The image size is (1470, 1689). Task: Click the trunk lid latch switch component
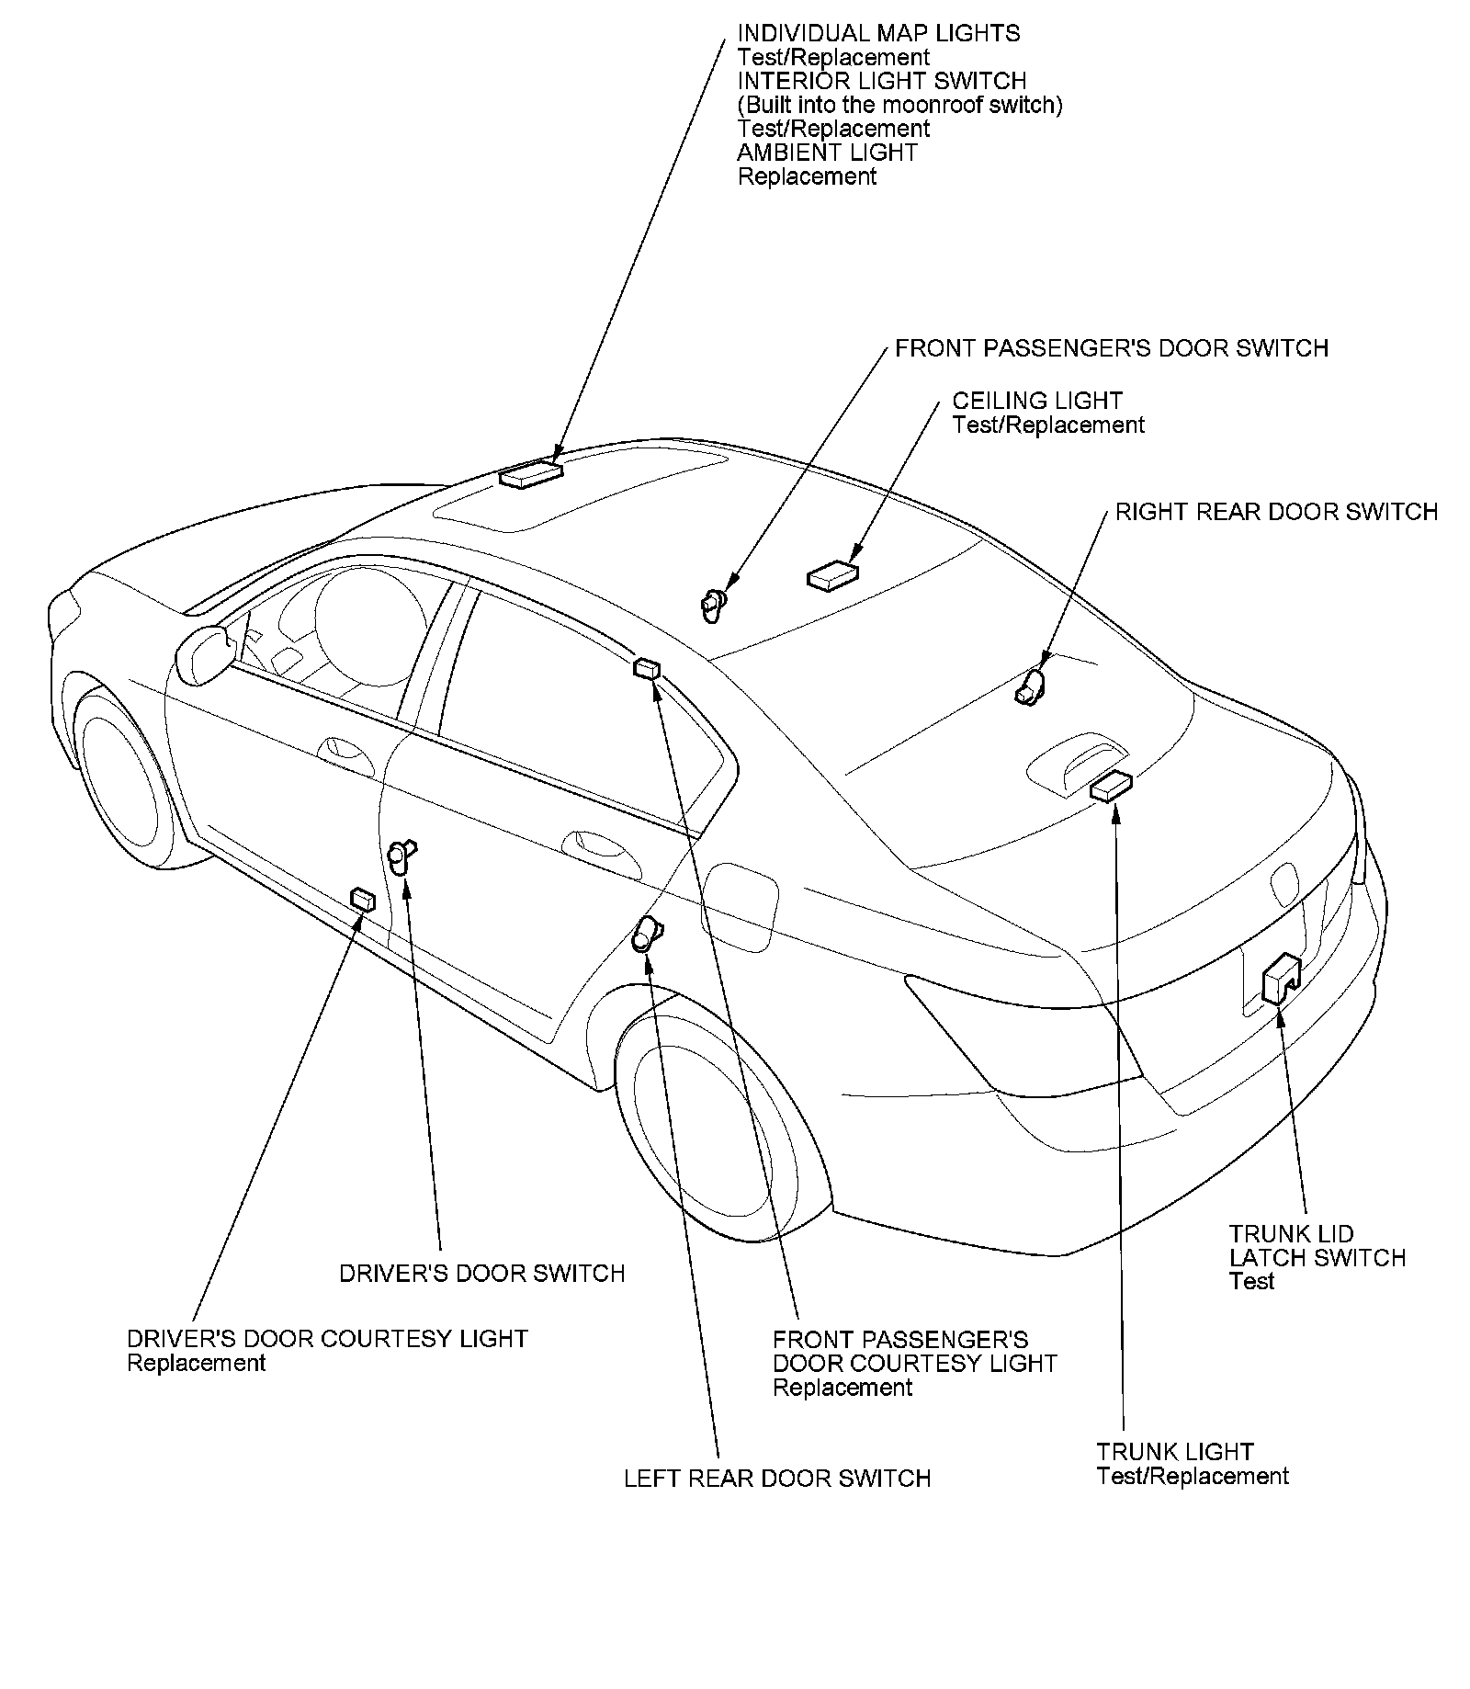click(1280, 980)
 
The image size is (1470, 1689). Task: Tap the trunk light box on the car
click(1111, 787)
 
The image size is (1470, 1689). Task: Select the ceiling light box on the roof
click(833, 574)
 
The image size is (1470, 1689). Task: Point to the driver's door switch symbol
click(401, 856)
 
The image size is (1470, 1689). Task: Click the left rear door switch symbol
click(647, 935)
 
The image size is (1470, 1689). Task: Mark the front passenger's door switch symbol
click(712, 604)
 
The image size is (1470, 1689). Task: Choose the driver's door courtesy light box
click(363, 899)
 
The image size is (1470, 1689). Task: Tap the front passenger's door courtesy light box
click(647, 668)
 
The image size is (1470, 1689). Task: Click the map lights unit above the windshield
click(531, 473)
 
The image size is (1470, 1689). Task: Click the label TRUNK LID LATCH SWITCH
click(1317, 1245)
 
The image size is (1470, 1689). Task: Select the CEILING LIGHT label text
click(1036, 401)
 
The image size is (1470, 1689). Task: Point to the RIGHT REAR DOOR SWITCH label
click(1276, 512)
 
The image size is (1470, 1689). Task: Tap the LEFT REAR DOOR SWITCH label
click(777, 1479)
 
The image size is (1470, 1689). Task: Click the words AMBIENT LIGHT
click(827, 153)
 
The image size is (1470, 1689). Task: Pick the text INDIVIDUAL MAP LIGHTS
click(878, 34)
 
